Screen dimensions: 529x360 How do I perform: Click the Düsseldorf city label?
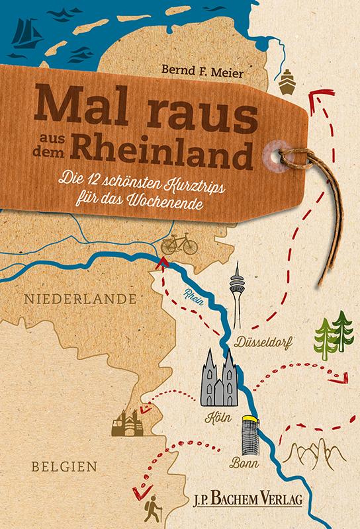pos(263,341)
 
